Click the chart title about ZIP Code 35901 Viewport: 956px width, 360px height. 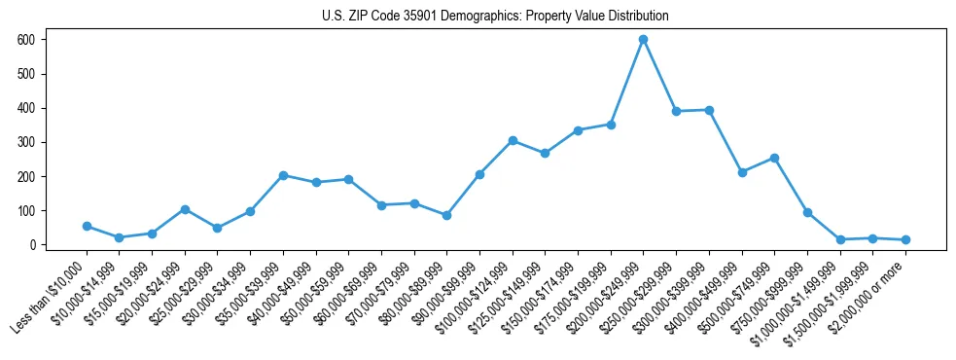[495, 17]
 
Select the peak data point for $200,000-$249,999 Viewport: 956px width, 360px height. [643, 40]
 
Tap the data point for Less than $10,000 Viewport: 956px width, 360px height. [87, 226]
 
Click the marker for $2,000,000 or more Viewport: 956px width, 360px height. [905, 239]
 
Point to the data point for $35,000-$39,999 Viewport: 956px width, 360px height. [283, 175]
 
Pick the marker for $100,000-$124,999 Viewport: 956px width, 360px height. [513, 141]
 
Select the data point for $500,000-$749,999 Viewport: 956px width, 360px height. [774, 158]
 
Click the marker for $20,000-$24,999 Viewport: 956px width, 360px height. [185, 209]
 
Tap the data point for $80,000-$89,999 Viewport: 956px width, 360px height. [446, 215]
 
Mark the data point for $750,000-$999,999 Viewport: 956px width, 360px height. [807, 212]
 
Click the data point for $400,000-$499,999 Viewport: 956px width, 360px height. [742, 172]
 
